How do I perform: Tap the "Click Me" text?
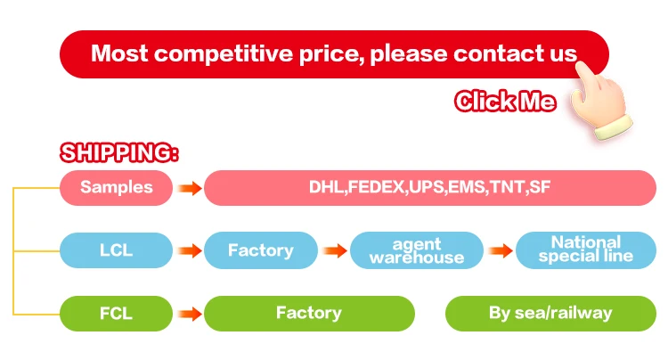coord(505,102)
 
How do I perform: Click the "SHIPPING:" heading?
coord(119,152)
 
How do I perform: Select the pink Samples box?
coord(116,188)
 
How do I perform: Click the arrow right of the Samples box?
coord(188,188)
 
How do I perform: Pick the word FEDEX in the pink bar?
coord(375,188)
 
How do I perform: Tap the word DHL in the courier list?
coord(326,188)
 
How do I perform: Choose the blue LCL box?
coord(116,250)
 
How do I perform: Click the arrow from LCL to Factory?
coord(188,251)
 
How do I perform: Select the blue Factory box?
coord(260,250)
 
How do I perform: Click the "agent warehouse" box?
coord(417,250)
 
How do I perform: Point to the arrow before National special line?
coord(500,251)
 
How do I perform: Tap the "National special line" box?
coord(585,250)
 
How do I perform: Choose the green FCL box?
coord(116,313)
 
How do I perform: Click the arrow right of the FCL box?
coord(188,314)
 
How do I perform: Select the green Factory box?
coord(309,313)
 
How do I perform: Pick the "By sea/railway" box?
coord(550,313)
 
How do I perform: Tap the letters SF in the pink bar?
coord(540,188)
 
